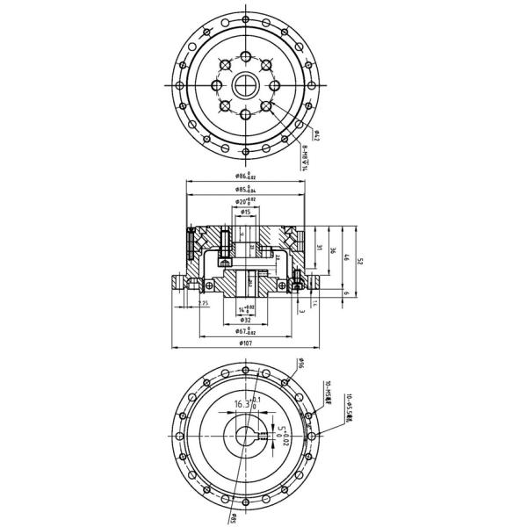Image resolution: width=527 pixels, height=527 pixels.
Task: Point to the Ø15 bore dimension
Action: click(x=246, y=212)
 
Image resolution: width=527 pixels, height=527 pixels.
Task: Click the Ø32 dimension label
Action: click(x=245, y=320)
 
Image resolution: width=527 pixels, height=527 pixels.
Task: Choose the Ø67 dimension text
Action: click(x=245, y=331)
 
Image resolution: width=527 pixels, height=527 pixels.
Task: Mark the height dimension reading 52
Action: click(x=361, y=261)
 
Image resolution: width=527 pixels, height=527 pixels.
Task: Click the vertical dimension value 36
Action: click(x=335, y=250)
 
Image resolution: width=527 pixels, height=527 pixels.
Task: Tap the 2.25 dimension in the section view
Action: click(x=203, y=303)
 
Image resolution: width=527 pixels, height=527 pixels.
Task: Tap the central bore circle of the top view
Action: click(x=245, y=85)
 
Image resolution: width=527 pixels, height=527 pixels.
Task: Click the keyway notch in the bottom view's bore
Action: click(x=261, y=436)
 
